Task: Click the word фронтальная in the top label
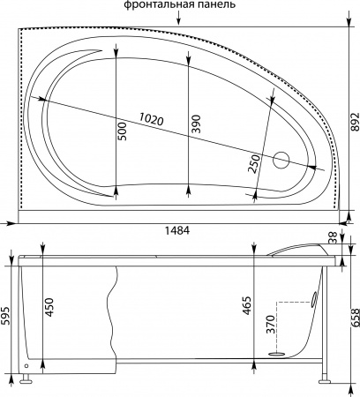pos(155,5)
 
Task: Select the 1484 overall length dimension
pos(177,230)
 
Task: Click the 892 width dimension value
pos(356,121)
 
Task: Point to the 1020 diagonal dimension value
pos(151,119)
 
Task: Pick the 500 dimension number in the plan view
pos(123,131)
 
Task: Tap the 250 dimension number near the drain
pos(254,164)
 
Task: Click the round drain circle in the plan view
pos(281,161)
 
